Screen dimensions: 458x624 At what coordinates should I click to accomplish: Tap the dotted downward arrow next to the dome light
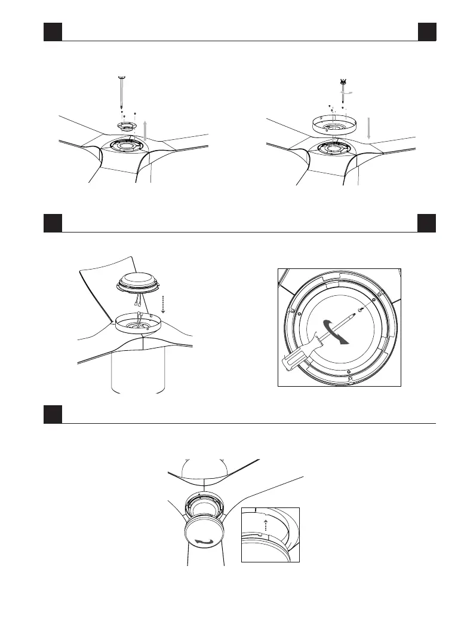[162, 304]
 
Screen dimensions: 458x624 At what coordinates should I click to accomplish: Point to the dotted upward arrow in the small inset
[266, 525]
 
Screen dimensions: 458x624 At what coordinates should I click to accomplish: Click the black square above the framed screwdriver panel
[426, 224]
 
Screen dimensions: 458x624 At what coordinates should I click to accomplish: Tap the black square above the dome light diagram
[53, 224]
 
